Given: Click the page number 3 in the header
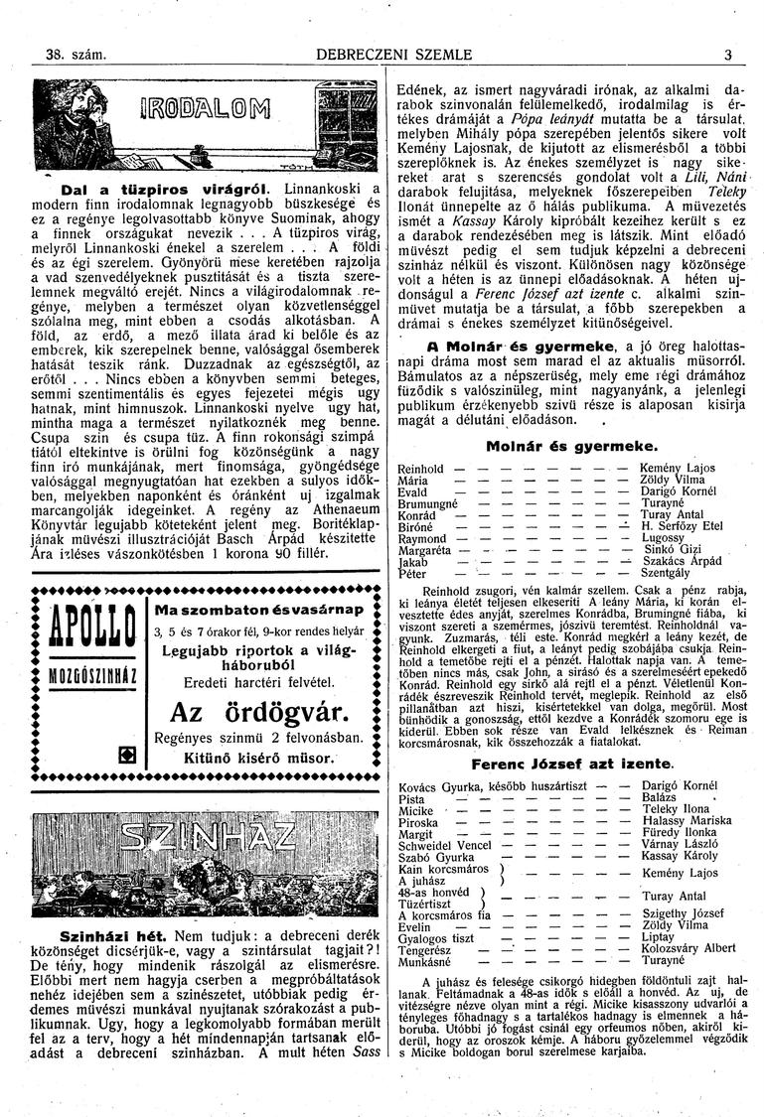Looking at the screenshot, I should (727, 56).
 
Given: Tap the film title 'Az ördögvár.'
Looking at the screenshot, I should (257, 712).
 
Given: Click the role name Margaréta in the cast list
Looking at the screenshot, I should (424, 549).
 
